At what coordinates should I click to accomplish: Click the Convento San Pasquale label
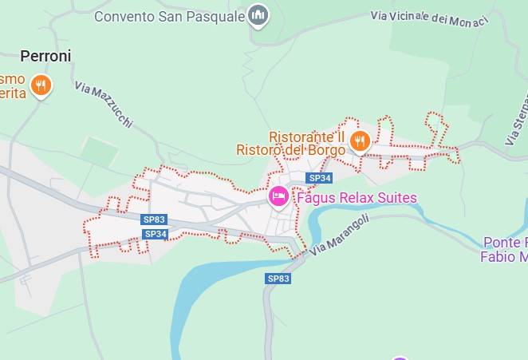coord(169,16)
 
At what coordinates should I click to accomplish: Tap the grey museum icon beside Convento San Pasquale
coord(258,14)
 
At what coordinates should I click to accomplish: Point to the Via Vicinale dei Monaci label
coord(429,18)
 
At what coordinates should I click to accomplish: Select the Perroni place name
coord(45,56)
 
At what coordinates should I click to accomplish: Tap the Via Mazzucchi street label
coord(104,105)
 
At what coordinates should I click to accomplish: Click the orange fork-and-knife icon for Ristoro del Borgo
coord(360,142)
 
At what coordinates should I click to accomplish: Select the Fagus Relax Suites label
coord(356,197)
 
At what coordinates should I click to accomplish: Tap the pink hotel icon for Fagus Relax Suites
coord(278,195)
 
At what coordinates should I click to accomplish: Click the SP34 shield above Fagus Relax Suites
coord(319,178)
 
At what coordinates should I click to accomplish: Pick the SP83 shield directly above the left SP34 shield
coord(154,220)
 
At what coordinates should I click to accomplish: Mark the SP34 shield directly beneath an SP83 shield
coord(156,234)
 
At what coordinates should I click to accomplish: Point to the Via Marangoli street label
coord(340,235)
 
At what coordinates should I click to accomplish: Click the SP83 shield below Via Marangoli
coord(278,279)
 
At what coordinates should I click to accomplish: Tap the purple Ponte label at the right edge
coord(504,249)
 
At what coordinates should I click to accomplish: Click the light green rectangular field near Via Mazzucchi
coord(100,151)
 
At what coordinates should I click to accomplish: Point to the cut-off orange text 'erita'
coord(13,93)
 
